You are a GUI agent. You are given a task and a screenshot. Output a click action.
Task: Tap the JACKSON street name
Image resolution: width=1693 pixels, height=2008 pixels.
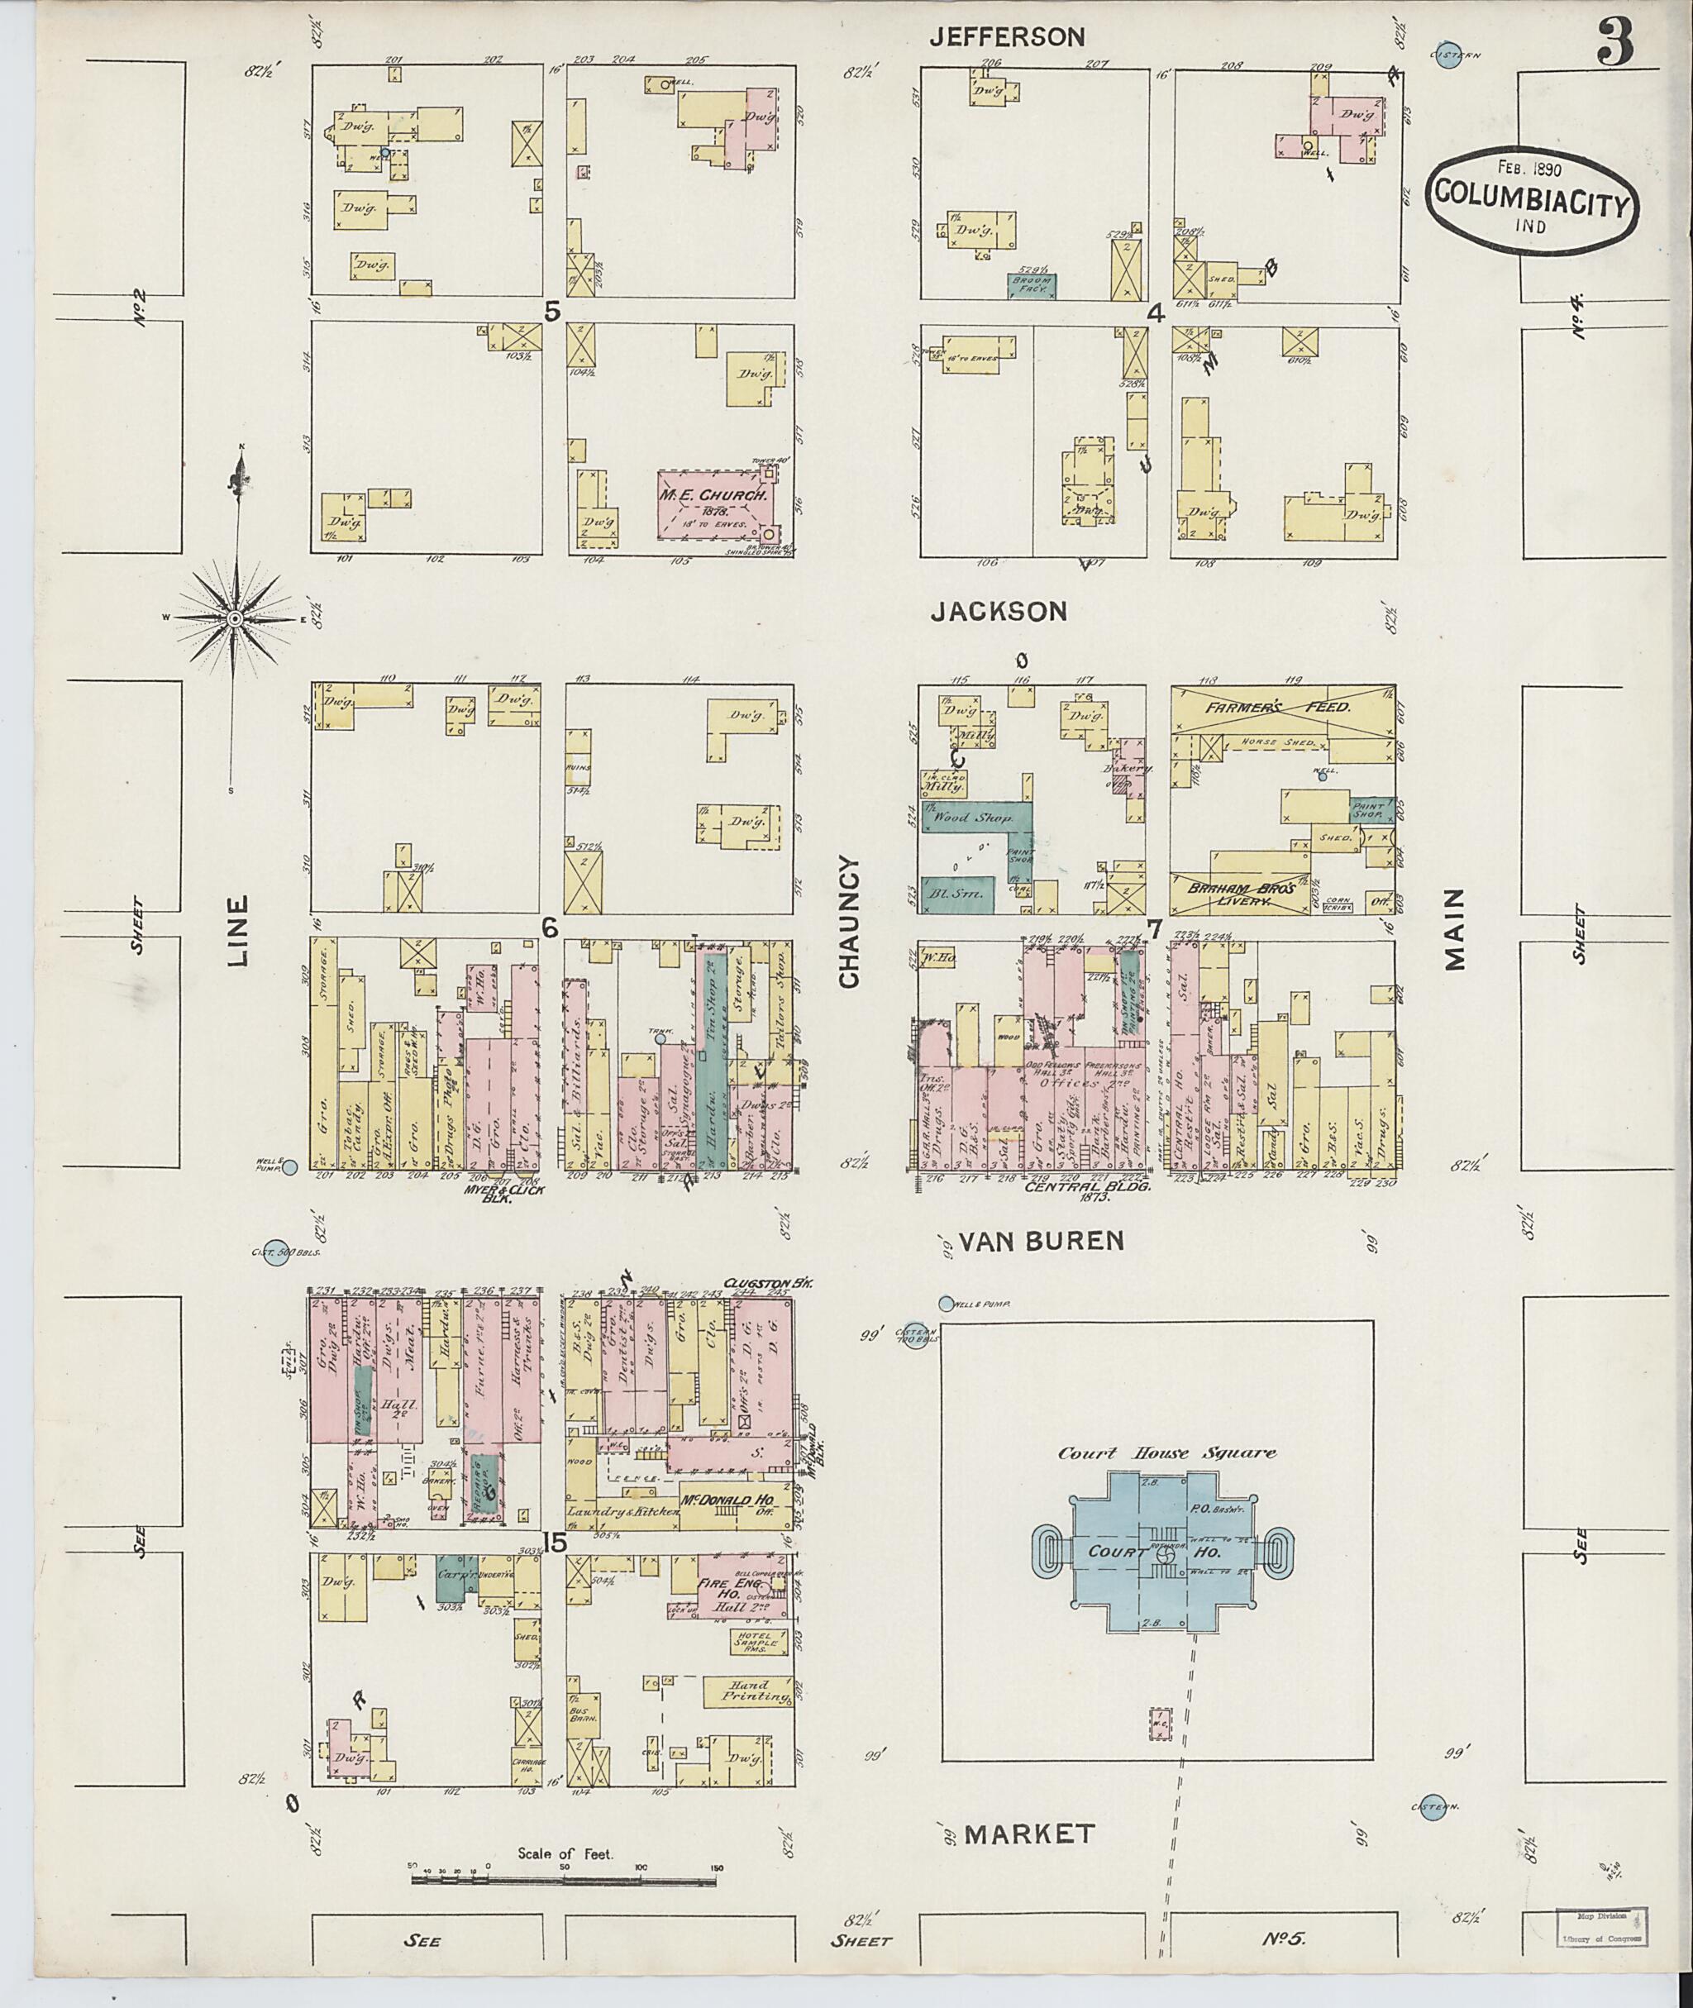coord(998,612)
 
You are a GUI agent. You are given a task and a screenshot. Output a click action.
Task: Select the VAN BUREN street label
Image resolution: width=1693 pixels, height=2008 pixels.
coord(1042,1241)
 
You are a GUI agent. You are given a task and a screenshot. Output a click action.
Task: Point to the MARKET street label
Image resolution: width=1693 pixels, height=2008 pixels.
coord(1030,1834)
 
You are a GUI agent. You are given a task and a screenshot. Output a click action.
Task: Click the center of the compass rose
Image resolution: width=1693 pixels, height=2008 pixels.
coord(233,620)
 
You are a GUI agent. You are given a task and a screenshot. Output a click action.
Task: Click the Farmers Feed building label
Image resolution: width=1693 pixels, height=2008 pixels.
coord(1280,707)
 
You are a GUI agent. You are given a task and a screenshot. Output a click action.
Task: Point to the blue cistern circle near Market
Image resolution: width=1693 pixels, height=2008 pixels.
coord(1432,1806)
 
